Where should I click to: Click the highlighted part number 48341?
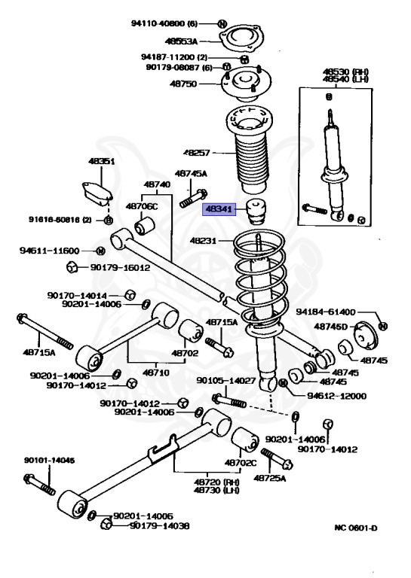pos(219,209)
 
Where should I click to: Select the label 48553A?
pos(181,41)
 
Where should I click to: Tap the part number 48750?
pos(183,84)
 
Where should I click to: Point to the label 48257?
pos(197,152)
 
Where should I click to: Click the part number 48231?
pos(203,241)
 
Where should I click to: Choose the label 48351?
pos(102,161)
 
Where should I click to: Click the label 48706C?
pos(142,206)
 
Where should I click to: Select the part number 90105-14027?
pos(226,380)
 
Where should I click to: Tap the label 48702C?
pos(241,463)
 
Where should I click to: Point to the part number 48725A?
pos(269,478)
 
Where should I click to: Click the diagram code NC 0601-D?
pos(356,528)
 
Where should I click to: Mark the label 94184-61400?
pos(325,312)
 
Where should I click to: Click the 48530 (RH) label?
pos(345,71)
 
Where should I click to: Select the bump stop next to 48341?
pos(257,212)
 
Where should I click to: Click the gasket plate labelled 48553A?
pos(241,38)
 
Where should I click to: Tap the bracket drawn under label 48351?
pos(97,193)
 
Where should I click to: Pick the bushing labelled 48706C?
pos(144,226)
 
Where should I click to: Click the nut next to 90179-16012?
pos(72,266)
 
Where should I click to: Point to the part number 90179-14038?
pos(160,525)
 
